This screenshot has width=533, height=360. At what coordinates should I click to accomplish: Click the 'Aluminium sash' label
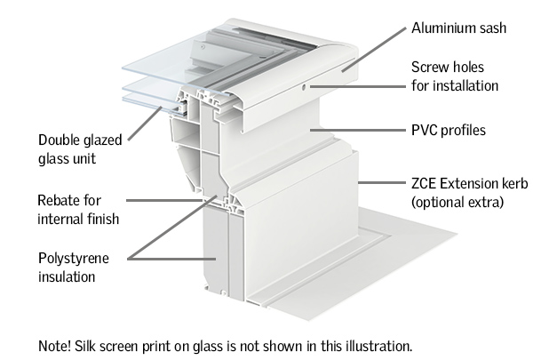pyautogui.click(x=458, y=28)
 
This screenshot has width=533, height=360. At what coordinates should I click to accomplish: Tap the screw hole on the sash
pyautogui.click(x=305, y=86)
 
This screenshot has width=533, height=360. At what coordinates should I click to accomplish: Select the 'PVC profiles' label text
pyautogui.click(x=448, y=132)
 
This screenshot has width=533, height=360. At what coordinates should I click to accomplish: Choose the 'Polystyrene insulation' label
pyautogui.click(x=73, y=268)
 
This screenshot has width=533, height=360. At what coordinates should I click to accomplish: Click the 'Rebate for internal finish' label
pyautogui.click(x=78, y=210)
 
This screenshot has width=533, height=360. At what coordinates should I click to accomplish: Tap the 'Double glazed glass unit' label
pyautogui.click(x=77, y=149)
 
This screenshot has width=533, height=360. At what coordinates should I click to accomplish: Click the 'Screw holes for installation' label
pyautogui.click(x=454, y=76)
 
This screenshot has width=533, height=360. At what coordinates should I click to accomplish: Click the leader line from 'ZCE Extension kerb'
pyautogui.click(x=381, y=184)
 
